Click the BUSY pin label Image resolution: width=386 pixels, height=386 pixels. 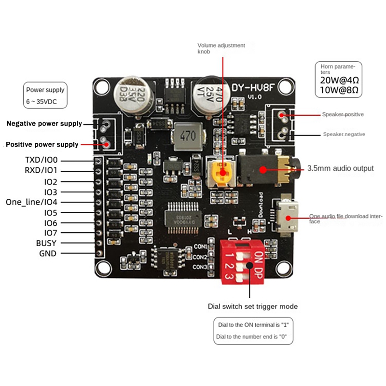click(x=46, y=243)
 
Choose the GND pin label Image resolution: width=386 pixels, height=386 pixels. click(x=47, y=254)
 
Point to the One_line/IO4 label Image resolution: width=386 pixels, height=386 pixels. click(x=31, y=202)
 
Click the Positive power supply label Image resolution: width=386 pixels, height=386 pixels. click(x=41, y=144)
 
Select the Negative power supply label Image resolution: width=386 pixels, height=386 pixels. click(x=44, y=124)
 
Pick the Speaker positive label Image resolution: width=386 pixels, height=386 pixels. click(x=343, y=115)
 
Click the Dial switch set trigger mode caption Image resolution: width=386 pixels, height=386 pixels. click(x=252, y=306)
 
